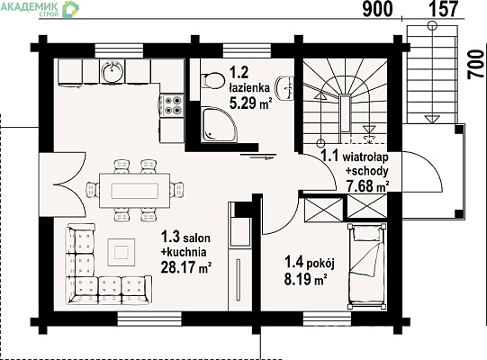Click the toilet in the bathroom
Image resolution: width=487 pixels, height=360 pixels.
(212, 81)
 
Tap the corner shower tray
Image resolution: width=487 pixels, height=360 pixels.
(220, 125)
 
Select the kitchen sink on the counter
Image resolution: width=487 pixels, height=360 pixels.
(113, 71)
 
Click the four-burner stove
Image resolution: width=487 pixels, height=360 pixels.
(172, 105)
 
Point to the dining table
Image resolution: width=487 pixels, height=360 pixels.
(134, 191)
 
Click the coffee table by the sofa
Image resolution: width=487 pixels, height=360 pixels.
(122, 252)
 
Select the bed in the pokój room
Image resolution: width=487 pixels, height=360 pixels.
(367, 266)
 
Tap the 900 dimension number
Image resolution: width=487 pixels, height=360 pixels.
(378, 10)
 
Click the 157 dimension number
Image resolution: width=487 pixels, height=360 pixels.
(443, 9)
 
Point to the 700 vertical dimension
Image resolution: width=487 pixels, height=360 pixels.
(476, 65)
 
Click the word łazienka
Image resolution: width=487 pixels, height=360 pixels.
(249, 88)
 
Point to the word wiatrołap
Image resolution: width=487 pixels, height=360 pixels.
(365, 157)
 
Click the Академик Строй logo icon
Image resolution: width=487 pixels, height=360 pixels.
(70, 9)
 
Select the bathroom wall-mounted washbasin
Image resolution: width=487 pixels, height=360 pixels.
(284, 88)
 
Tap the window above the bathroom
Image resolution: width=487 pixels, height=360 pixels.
(247, 51)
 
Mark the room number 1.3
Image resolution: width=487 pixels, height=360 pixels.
(170, 237)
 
